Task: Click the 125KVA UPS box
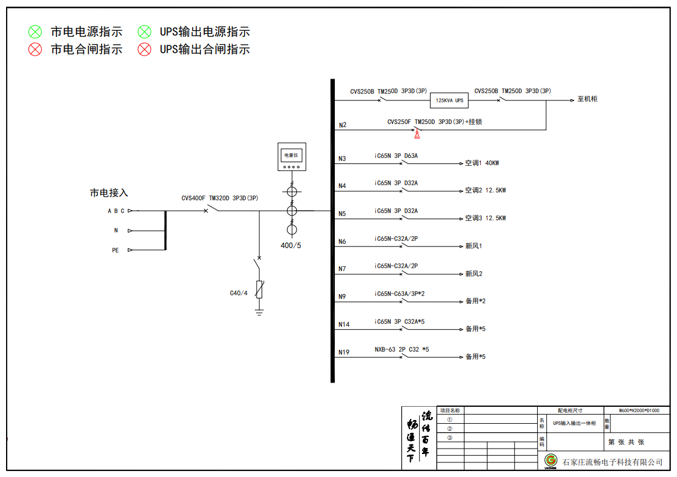pyautogui.click(x=451, y=100)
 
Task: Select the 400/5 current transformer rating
pyautogui.click(x=291, y=245)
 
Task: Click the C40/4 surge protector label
pyautogui.click(x=239, y=293)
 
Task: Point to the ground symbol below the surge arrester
pyautogui.click(x=259, y=312)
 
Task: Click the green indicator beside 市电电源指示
pyautogui.click(x=35, y=32)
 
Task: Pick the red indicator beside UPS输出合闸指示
pyautogui.click(x=144, y=50)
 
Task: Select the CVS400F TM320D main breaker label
pyautogui.click(x=220, y=198)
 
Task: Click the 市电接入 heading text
pyautogui.click(x=109, y=193)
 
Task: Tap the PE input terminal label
pyautogui.click(x=115, y=250)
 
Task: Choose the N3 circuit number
pyautogui.click(x=342, y=159)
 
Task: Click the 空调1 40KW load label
pyautogui.click(x=482, y=163)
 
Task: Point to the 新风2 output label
pyautogui.click(x=474, y=274)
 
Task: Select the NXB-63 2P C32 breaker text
pyautogui.click(x=401, y=349)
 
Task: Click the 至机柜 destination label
pyautogui.click(x=587, y=99)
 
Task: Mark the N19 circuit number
pyautogui.click(x=344, y=352)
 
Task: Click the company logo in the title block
pyautogui.click(x=550, y=461)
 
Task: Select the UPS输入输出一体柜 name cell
pyautogui.click(x=574, y=423)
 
